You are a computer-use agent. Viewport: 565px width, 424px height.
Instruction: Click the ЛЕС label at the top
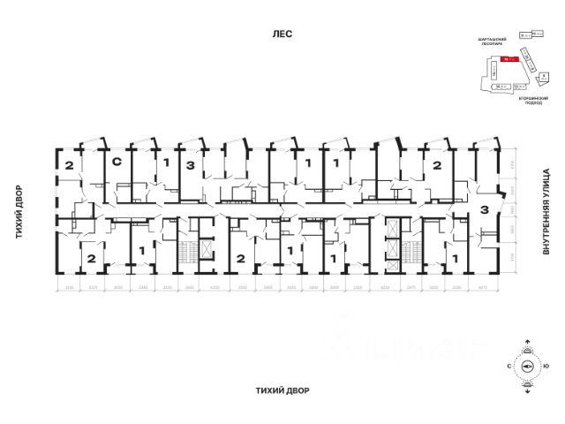282,34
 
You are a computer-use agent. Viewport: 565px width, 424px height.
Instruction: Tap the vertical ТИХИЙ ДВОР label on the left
17,212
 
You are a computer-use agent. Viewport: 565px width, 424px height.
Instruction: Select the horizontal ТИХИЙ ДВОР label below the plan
282,390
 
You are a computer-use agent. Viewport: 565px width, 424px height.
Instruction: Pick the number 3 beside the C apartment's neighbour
189,164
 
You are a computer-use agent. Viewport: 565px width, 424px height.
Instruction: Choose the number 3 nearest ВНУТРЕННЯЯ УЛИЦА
485,208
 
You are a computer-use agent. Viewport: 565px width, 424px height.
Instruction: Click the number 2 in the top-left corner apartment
68,164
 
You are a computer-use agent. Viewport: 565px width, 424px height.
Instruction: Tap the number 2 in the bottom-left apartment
91,258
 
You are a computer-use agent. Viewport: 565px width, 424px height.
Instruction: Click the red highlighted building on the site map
507,59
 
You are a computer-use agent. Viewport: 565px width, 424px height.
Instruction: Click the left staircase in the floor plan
185,254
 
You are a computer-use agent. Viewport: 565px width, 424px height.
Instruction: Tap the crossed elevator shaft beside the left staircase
206,252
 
